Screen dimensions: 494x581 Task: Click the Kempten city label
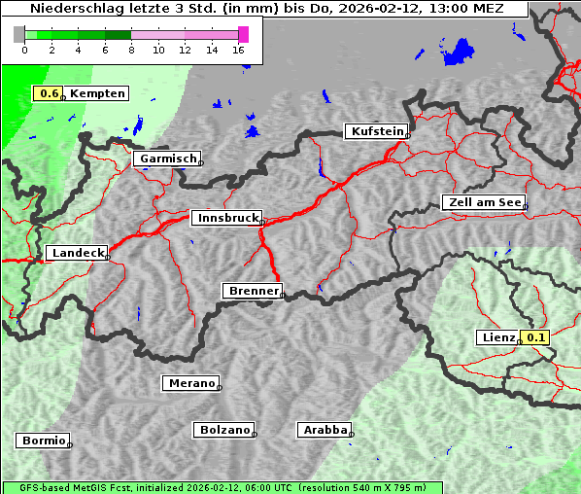97,93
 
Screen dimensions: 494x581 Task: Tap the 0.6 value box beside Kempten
49,93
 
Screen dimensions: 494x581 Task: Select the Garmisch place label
167,159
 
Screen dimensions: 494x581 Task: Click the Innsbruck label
225,218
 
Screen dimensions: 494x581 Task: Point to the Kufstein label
376,131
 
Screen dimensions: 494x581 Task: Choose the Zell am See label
483,202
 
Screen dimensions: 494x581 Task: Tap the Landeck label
76,253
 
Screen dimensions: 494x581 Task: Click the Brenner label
253,291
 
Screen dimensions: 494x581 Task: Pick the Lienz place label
498,337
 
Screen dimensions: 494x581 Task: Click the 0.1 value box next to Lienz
536,337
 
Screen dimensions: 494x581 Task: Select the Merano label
190,383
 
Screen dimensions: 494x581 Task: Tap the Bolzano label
223,429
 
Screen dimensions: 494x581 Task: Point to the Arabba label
324,429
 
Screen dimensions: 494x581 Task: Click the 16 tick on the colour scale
239,50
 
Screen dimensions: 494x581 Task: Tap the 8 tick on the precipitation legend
131,50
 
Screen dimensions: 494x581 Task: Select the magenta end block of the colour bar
243,34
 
